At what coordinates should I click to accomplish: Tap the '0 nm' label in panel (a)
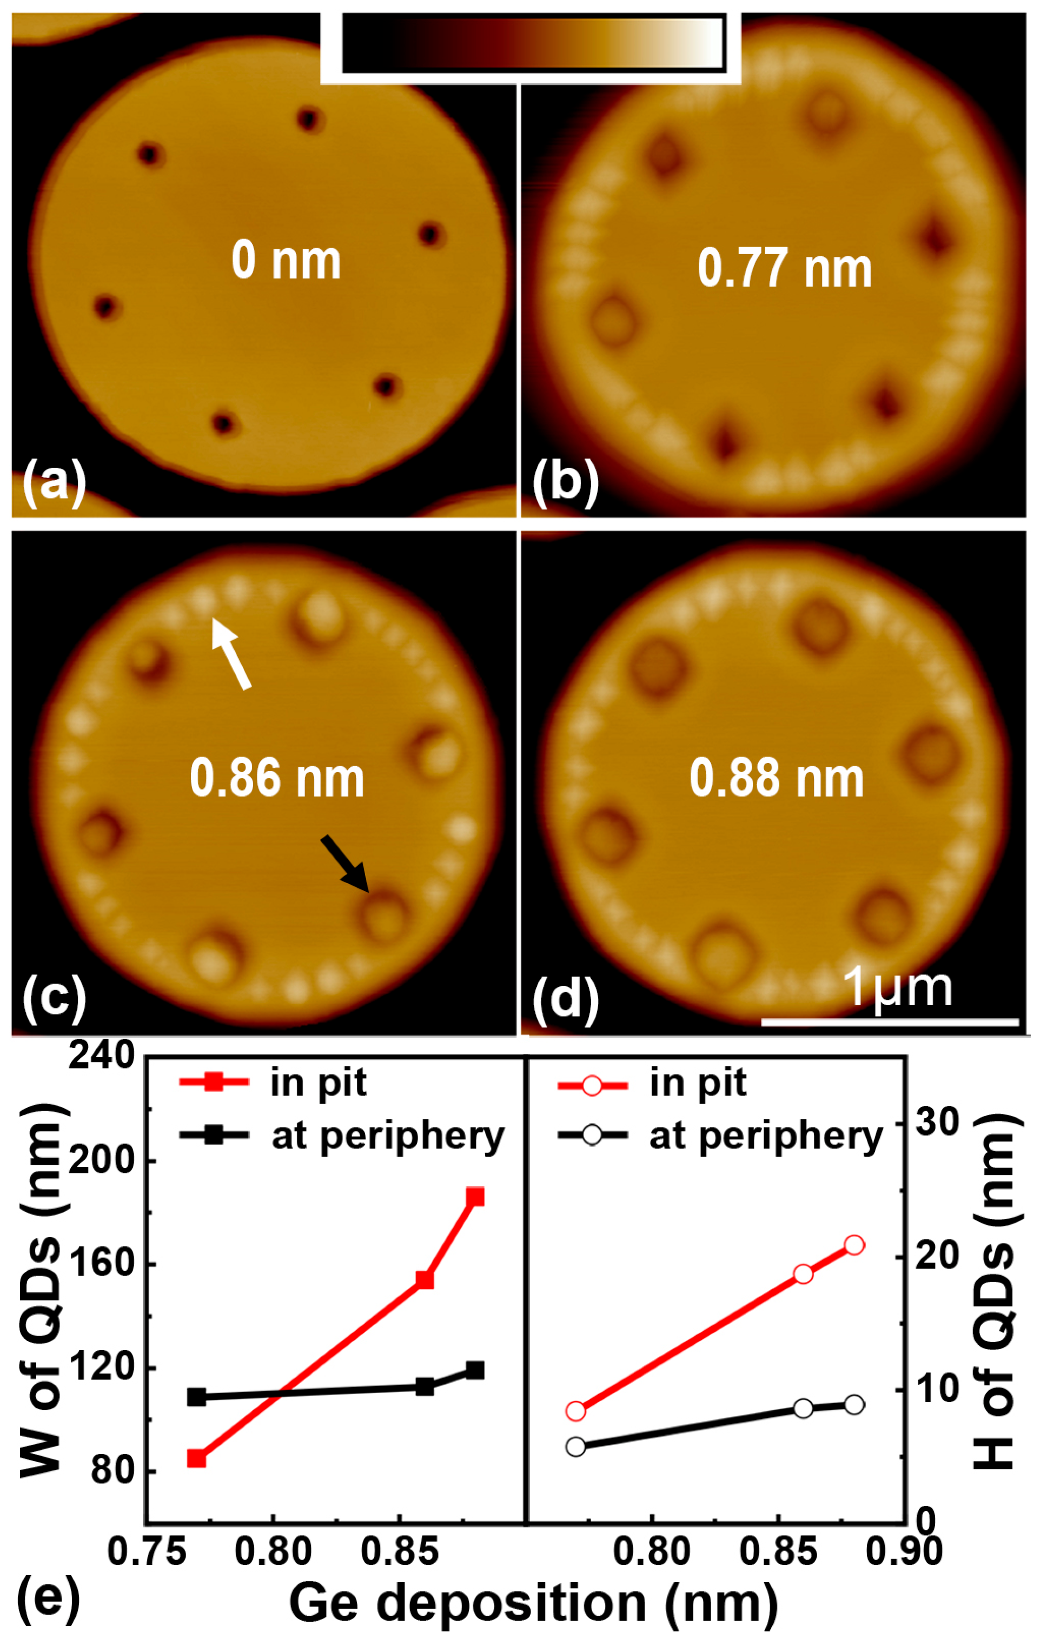[286, 261]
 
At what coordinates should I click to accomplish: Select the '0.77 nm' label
[785, 269]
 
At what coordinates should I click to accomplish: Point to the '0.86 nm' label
[277, 779]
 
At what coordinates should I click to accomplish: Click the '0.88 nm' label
[777, 779]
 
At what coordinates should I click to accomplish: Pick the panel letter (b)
[565, 482]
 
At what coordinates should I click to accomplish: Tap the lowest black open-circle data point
[576, 1446]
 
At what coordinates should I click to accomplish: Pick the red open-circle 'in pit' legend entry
[653, 1084]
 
